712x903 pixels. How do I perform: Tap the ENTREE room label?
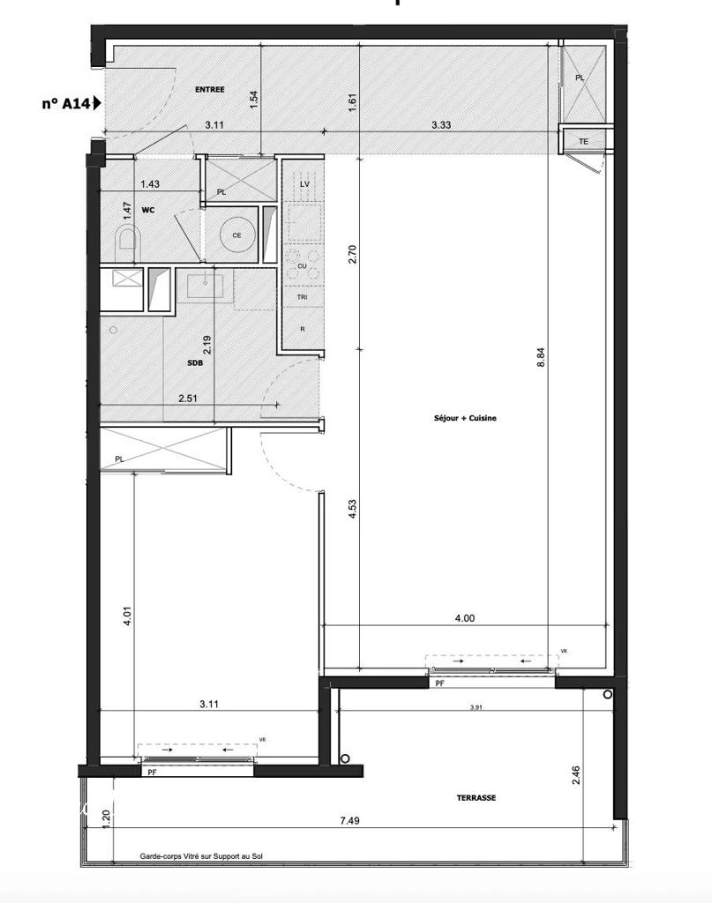[x=209, y=89]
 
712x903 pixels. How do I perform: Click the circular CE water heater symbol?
[x=236, y=235]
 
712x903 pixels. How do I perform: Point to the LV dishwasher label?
[x=304, y=183]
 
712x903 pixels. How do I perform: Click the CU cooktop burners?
[x=302, y=265]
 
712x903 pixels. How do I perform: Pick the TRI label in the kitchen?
[x=302, y=297]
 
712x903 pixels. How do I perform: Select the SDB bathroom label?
[x=195, y=363]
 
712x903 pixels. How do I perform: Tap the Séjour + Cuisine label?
[x=466, y=418]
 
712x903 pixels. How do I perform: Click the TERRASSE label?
[x=476, y=797]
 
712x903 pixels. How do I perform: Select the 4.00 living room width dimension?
[x=464, y=618]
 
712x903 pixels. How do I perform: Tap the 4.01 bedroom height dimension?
[x=128, y=615]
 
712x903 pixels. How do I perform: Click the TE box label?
[x=583, y=142]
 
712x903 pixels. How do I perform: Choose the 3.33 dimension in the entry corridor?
[x=441, y=125]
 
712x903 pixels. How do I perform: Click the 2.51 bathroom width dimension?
[x=188, y=399]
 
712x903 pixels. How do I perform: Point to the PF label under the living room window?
[x=438, y=683]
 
